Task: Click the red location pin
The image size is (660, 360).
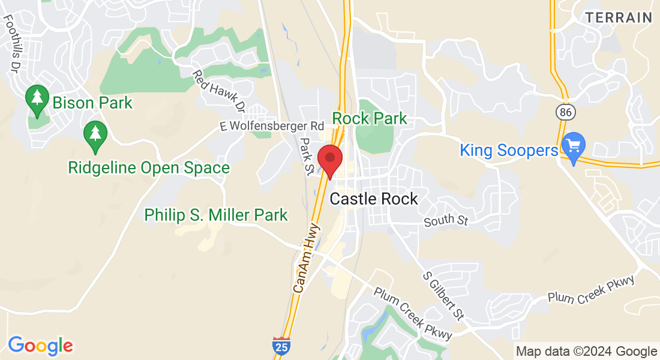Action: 329,160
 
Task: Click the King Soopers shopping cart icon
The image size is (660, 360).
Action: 574,146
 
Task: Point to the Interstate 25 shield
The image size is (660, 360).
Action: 280,345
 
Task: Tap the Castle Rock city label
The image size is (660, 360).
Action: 374,199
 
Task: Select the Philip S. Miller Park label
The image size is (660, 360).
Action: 216,215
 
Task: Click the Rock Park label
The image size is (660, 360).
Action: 370,119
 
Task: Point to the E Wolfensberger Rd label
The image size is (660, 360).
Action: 272,126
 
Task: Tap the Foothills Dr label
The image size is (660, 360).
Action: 13,41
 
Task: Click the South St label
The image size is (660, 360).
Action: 445,221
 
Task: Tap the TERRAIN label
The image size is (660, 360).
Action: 619,17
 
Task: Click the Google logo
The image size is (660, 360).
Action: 40,346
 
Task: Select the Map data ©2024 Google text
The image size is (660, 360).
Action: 586,352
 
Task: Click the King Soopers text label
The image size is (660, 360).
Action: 509,150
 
